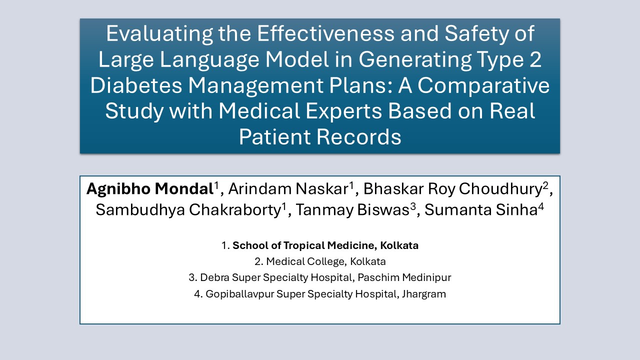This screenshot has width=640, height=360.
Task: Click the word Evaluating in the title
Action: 159,33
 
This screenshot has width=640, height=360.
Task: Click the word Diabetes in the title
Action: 136,85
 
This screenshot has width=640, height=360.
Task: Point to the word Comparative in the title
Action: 483,85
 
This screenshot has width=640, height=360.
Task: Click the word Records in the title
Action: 358,136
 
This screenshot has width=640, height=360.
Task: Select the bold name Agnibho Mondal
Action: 150,189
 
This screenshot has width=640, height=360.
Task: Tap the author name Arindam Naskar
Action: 288,189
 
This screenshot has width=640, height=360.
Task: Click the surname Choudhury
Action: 501,189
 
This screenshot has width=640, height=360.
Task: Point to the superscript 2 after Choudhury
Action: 545,185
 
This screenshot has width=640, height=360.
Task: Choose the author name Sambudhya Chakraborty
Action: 188,210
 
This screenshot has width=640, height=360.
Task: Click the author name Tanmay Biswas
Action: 353,210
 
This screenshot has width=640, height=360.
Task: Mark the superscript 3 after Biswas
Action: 413,206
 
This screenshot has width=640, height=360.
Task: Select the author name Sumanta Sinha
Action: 481,210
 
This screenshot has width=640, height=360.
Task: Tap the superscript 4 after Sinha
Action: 541,206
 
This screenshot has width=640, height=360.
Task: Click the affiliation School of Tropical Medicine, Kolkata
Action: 325,245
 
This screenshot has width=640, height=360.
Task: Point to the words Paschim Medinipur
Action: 404,277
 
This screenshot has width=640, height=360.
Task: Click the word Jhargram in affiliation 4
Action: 424,294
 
